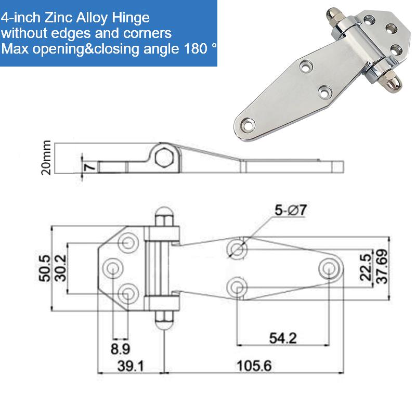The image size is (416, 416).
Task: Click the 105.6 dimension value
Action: (254, 366)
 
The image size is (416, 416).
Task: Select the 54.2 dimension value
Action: (283, 339)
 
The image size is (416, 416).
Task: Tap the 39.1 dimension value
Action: (131, 366)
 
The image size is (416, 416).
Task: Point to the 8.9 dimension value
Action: (120, 348)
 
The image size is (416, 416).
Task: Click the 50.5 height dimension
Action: (44, 268)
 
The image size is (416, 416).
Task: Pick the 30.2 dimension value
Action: (61, 268)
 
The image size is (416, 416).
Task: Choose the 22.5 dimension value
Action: (366, 267)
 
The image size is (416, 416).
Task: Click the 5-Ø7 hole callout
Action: (291, 211)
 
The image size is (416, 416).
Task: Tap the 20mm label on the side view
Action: (46, 158)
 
